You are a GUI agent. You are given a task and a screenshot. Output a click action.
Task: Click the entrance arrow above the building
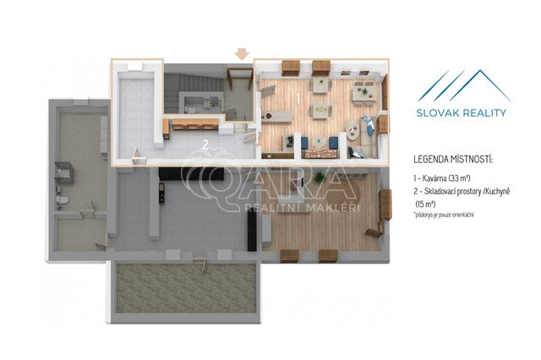click(x=242, y=54)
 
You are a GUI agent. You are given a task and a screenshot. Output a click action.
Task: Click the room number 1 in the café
click(x=298, y=98)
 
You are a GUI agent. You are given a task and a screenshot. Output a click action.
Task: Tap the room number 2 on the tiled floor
click(x=205, y=145)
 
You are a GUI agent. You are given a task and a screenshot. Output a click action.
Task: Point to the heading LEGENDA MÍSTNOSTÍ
click(x=453, y=160)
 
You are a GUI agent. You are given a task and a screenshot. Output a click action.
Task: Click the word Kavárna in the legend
click(x=434, y=178)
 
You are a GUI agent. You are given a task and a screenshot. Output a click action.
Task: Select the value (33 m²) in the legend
click(x=460, y=178)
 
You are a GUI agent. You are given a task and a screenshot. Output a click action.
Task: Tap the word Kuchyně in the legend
click(x=497, y=191)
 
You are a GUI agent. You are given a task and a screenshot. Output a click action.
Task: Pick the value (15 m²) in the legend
click(x=425, y=205)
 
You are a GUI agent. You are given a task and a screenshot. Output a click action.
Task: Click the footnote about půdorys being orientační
click(x=443, y=215)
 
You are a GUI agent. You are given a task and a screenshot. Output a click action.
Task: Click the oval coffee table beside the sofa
click(x=352, y=130)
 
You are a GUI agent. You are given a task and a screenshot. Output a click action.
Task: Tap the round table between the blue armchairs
click(x=319, y=141)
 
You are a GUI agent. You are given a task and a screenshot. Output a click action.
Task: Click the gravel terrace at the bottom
click(x=186, y=287)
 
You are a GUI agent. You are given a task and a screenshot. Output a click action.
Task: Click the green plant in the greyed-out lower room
click(x=320, y=177)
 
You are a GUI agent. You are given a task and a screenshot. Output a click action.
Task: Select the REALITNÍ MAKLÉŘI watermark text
click(x=303, y=208)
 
